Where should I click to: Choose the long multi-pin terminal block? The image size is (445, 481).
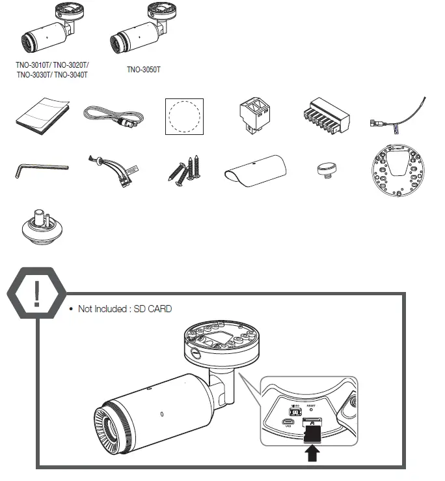click(324, 115)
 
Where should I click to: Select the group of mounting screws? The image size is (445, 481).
click(184, 168)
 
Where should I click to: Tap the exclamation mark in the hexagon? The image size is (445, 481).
click(36, 294)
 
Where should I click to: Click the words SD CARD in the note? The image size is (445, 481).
click(154, 308)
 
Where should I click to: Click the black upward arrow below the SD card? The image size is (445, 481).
click(313, 452)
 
